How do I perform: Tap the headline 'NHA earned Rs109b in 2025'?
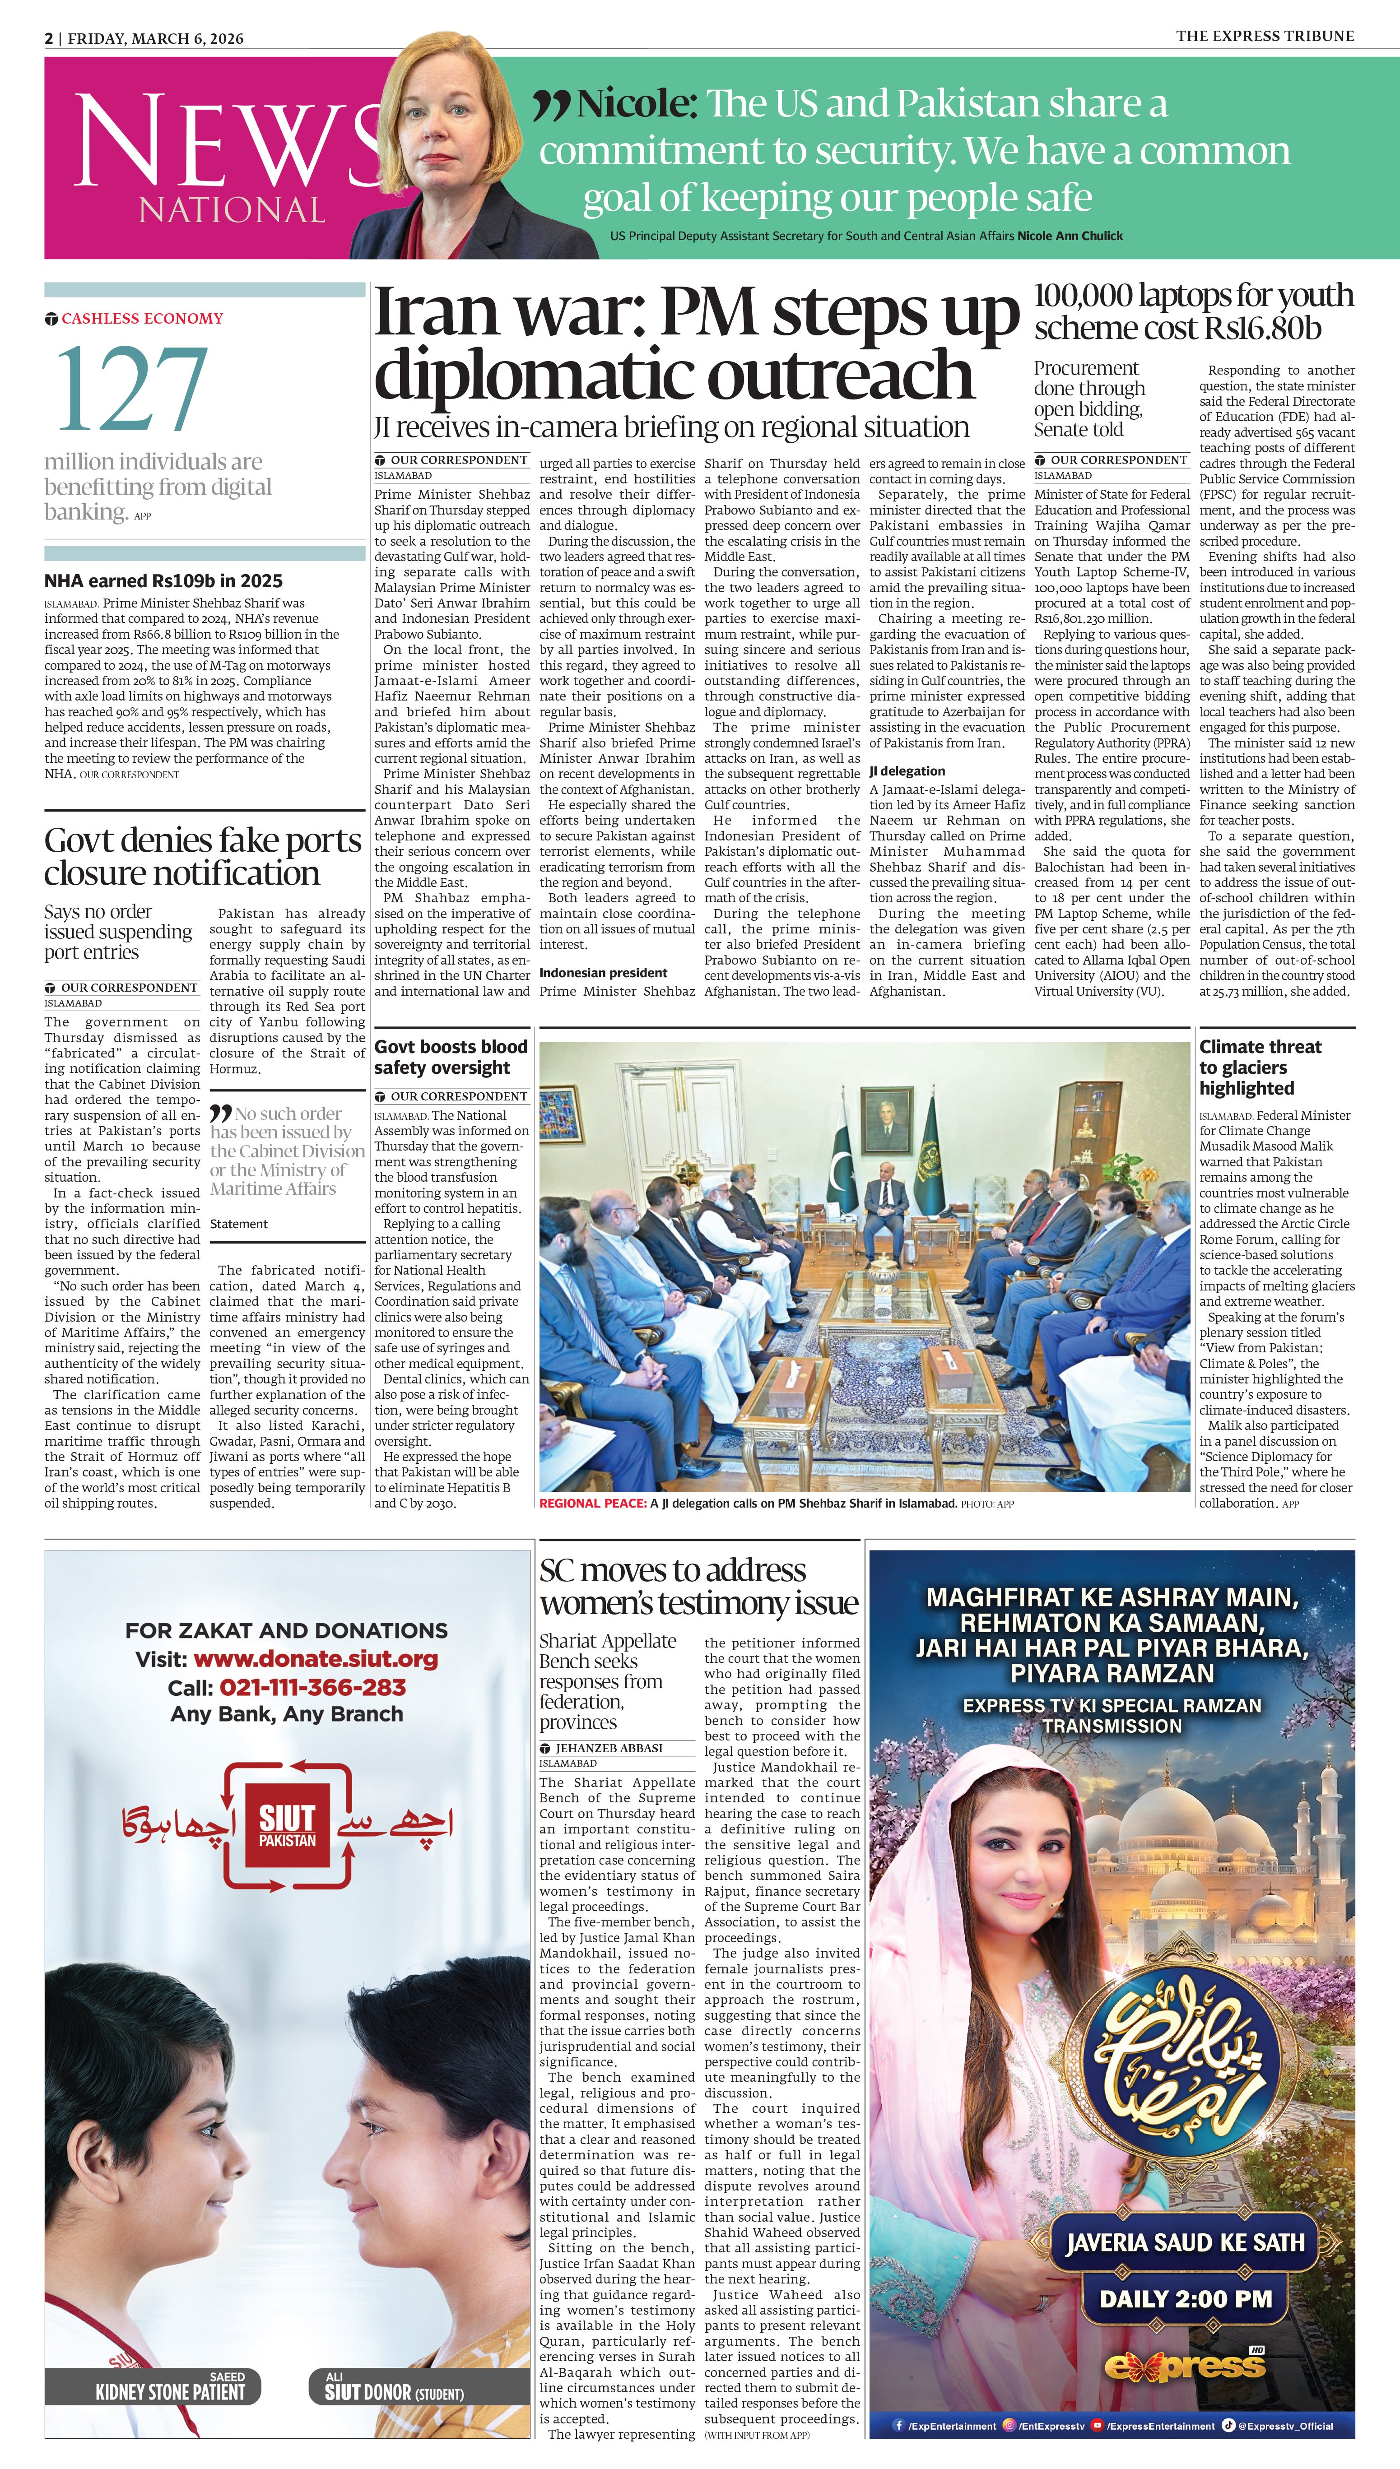click(163, 580)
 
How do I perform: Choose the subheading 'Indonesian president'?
click(603, 973)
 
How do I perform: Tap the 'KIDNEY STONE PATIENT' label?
click(170, 2391)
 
